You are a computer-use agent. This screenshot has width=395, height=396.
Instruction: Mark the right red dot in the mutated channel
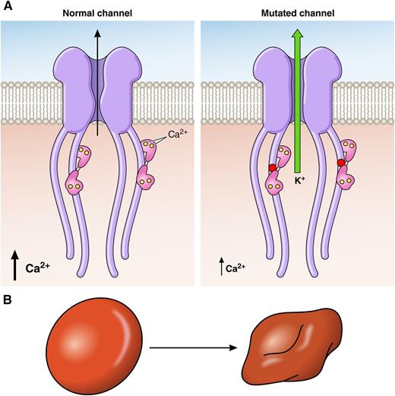[342, 163]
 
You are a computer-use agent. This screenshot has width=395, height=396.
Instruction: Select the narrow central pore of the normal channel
[98, 99]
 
